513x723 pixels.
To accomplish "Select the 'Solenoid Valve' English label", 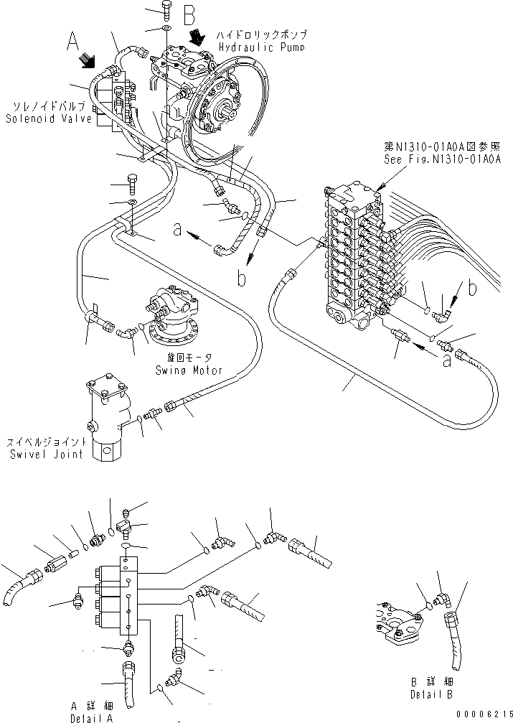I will click(x=49, y=118).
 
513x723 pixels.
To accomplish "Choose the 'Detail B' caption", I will click(x=428, y=694).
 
